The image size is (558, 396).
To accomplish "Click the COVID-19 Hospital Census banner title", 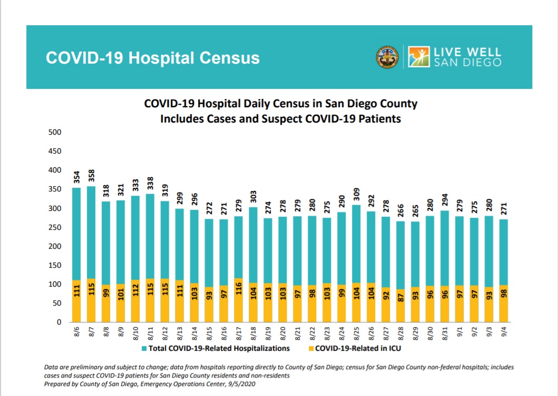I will coord(153,57).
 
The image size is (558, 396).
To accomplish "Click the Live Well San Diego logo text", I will coord(467,57).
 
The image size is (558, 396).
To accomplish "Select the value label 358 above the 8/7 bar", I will coord(91,176).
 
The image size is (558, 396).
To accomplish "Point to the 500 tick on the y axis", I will coord(55,132).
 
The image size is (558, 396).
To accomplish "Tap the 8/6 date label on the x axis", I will coord(76,334).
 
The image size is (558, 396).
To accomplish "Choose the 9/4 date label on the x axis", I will coord(503,334).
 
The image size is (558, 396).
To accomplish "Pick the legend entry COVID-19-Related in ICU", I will coord(355,348).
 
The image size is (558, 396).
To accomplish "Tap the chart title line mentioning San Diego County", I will coord(280,104).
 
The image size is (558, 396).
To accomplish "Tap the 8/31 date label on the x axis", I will coord(444,334).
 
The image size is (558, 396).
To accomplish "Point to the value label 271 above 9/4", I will coord(504,209).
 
